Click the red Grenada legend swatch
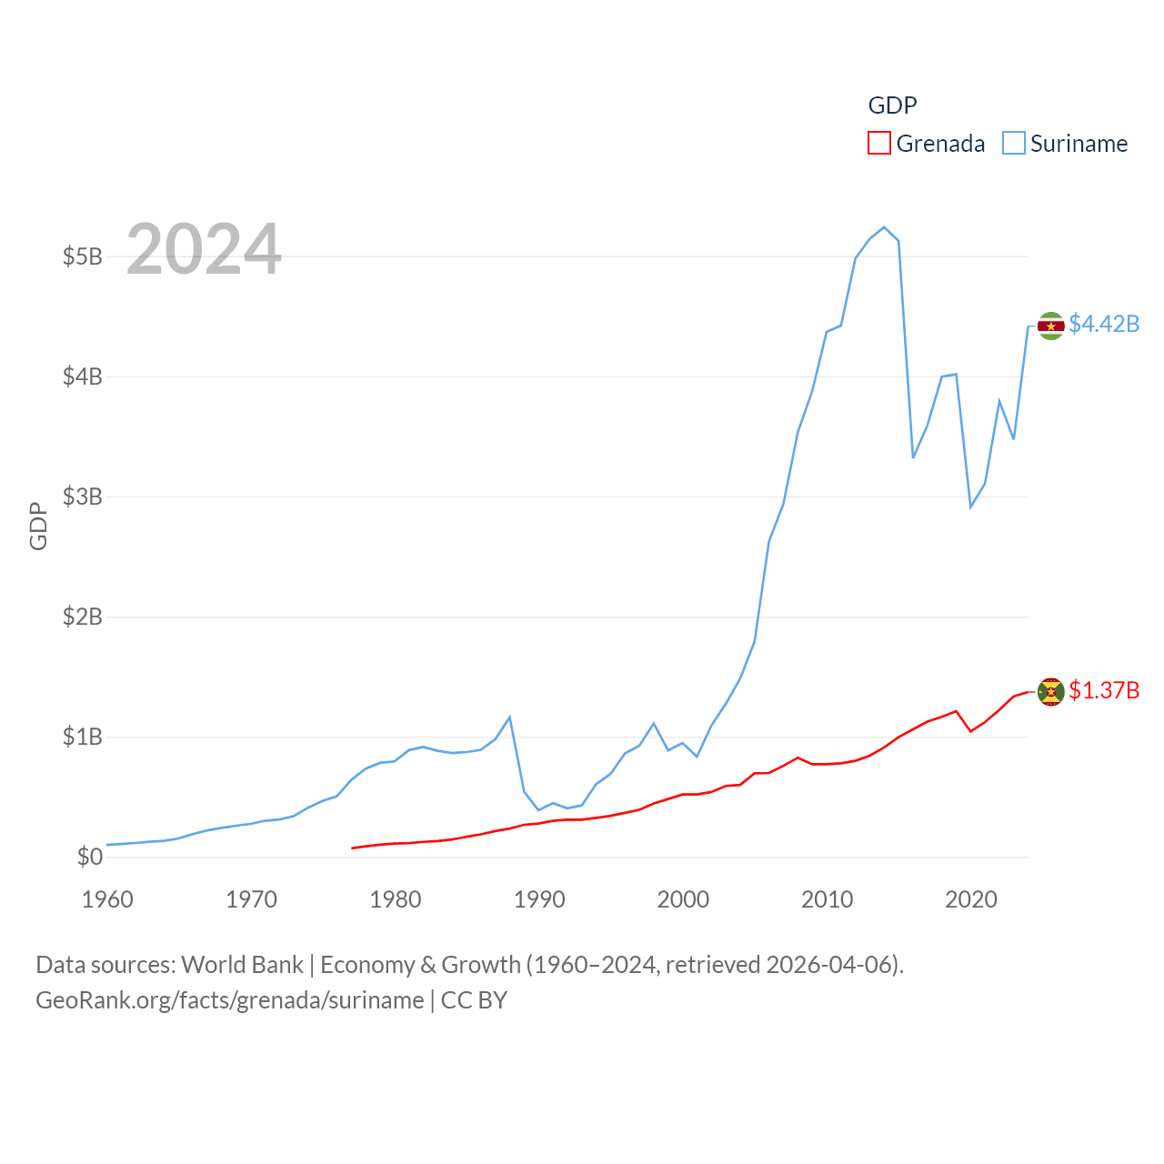[879, 144]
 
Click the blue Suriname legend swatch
[1014, 144]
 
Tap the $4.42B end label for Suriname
[1104, 324]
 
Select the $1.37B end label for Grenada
[1104, 690]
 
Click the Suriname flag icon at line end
[1051, 326]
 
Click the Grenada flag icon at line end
[1051, 692]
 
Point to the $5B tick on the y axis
[82, 256]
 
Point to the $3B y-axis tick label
[82, 497]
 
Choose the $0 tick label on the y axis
[89, 857]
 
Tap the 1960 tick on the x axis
[107, 899]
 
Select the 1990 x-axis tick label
[539, 899]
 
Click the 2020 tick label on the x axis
[971, 899]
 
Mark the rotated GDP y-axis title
[38, 526]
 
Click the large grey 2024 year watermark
[204, 249]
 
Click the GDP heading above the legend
[892, 105]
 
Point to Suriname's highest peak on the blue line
[884, 227]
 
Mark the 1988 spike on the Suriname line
[509, 717]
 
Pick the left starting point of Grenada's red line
[353, 848]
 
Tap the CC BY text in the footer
[474, 1000]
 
